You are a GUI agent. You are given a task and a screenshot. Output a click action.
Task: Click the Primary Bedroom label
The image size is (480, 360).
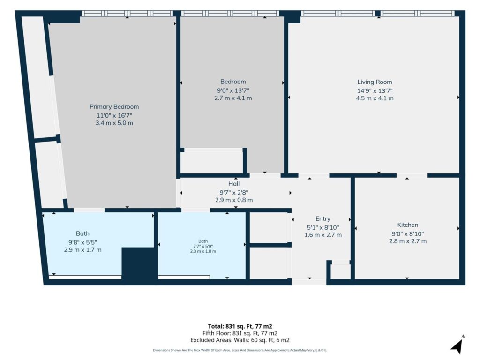(114, 107)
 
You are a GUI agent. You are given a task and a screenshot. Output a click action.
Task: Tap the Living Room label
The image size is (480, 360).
(375, 82)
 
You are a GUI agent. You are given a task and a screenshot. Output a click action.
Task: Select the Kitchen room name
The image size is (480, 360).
(407, 225)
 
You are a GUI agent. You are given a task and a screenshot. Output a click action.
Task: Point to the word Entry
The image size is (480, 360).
(323, 219)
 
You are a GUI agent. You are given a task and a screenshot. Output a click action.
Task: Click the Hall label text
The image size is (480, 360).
(234, 184)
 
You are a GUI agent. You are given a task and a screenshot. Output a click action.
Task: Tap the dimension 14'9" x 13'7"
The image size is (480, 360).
(375, 90)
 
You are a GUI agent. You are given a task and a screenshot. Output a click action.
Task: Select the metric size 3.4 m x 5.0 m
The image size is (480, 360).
(114, 123)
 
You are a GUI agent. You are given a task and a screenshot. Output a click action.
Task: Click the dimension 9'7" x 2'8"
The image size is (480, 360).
(234, 193)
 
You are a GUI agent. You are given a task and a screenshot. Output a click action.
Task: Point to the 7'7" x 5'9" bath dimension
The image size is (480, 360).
(203, 246)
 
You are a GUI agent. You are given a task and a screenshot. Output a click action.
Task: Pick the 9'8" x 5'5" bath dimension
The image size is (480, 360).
(82, 242)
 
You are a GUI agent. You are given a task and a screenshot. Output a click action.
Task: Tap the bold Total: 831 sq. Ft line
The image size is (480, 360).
(240, 326)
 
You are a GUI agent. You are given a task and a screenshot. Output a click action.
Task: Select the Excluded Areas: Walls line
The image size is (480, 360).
(240, 340)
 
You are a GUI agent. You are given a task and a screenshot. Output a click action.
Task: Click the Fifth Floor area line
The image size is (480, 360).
(240, 333)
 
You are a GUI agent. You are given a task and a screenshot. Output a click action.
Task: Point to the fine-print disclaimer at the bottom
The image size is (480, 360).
(240, 350)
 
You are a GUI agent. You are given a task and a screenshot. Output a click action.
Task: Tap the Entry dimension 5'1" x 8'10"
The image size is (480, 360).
(323, 227)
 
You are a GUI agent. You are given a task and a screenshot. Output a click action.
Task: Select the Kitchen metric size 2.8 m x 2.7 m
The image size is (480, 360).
(408, 241)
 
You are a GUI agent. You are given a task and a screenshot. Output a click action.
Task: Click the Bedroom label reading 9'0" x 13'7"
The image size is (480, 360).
(233, 90)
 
